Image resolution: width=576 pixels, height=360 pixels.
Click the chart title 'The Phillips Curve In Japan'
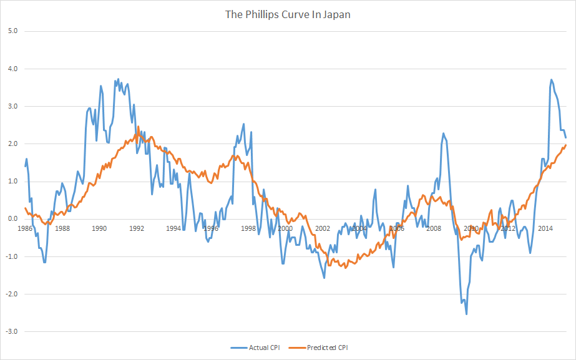point(288,14)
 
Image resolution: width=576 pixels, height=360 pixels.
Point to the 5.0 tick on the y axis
point(12,31)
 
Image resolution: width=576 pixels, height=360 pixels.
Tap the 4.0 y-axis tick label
point(12,68)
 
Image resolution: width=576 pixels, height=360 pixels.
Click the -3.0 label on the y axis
point(11,331)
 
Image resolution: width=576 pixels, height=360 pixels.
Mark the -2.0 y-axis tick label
point(11,294)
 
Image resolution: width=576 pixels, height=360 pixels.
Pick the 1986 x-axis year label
point(25,228)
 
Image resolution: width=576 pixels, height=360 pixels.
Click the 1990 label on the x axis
point(99,228)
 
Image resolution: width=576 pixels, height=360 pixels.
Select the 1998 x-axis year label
point(248,228)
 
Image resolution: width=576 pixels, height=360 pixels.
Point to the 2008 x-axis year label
point(434,228)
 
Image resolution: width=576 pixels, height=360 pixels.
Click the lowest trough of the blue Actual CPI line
point(466,314)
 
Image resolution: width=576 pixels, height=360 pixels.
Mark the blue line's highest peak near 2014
point(552,80)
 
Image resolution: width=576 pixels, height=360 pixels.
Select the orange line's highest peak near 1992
point(138,127)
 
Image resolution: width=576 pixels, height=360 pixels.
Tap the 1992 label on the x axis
point(136,228)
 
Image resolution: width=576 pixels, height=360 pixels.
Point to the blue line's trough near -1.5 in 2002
point(324,277)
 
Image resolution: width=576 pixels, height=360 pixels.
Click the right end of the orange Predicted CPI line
point(566,145)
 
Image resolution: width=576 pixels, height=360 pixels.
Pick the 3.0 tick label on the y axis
point(12,106)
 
